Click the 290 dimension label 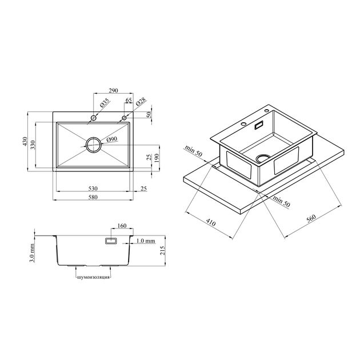click(113, 91)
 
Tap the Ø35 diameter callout click(105, 104)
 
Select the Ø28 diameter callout click(141, 102)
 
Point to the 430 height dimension click(25, 141)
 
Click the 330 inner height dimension click(33, 145)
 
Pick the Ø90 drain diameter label click(112, 139)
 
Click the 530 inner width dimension click(93, 189)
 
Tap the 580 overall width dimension click(93, 197)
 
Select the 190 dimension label click(157, 158)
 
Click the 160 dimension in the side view click(122, 226)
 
